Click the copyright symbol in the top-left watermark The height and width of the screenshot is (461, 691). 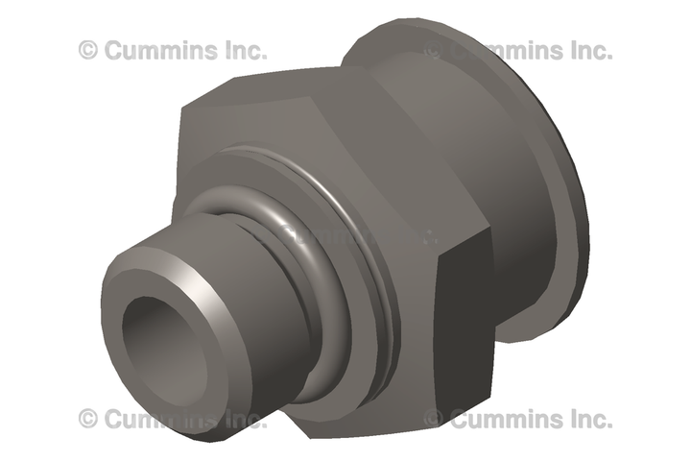tap(88, 50)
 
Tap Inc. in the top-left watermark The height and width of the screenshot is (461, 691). tap(246, 50)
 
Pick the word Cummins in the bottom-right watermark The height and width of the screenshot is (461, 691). tap(507, 419)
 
